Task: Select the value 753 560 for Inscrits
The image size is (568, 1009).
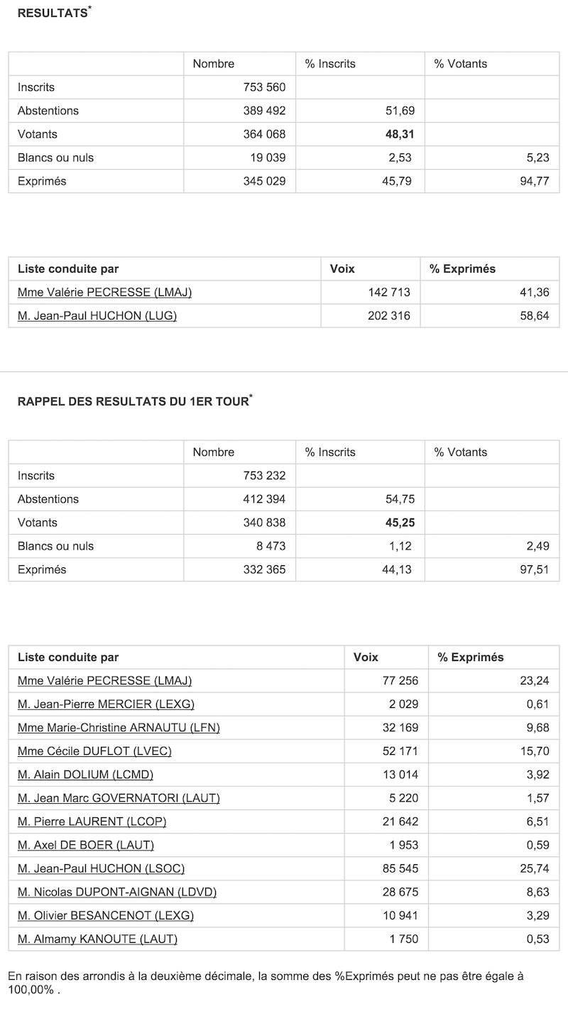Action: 264,87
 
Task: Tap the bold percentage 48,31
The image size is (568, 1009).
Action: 400,134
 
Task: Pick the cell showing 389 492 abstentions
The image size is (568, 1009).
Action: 264,111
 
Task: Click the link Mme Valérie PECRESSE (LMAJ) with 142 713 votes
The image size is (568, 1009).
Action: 104,292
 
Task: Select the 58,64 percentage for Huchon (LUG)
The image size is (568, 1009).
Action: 533,316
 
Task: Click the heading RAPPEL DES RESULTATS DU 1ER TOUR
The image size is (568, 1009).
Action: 133,402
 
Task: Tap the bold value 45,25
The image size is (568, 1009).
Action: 400,523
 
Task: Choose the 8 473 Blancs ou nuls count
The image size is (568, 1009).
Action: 269,546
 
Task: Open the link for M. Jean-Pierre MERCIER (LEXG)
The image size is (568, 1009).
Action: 106,704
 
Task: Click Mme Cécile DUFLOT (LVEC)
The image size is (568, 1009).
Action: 94,751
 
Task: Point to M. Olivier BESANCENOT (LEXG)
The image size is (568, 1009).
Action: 106,915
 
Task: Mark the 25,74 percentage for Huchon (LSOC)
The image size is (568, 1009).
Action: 533,868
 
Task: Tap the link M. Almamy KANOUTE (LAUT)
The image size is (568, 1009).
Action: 97,939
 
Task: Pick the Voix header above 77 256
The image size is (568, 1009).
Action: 366,658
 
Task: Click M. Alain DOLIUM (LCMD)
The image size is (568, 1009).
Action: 85,774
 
